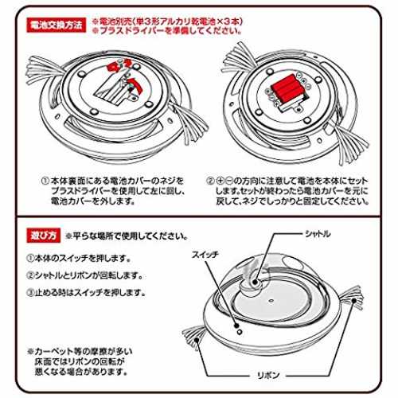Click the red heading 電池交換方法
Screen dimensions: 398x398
(57, 25)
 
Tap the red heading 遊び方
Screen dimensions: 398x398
(44, 236)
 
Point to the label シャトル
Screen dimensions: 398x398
(318, 234)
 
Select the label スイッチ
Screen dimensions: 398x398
(205, 255)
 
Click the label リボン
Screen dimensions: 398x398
(268, 375)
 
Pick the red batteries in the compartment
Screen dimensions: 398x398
(286, 89)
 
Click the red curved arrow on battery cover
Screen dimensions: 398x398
(134, 84)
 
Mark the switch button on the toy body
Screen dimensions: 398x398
(240, 332)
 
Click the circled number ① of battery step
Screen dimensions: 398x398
(45, 181)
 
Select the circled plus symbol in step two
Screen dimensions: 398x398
(220, 181)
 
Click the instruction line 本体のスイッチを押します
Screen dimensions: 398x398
(83, 258)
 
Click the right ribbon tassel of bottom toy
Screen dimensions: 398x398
(352, 297)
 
